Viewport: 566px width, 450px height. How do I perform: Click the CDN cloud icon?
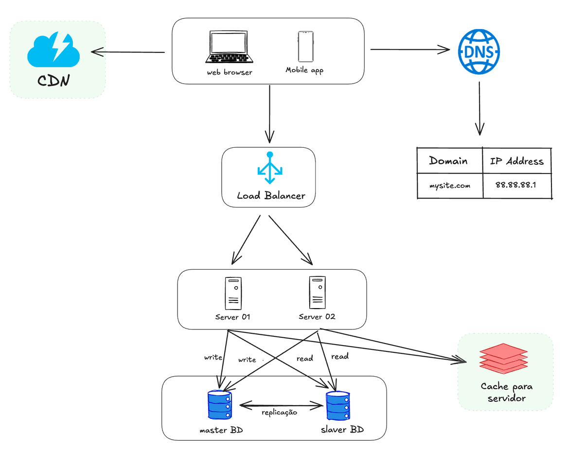[54, 50]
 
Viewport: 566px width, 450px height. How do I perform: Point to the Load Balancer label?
[271, 196]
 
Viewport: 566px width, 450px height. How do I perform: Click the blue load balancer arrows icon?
[270, 167]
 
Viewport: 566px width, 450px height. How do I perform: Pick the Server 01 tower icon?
[233, 293]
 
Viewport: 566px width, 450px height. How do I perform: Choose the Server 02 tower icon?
[317, 293]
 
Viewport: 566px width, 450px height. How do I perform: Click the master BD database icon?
[220, 405]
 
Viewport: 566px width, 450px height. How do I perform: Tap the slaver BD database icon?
[338, 406]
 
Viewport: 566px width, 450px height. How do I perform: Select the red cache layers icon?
[503, 359]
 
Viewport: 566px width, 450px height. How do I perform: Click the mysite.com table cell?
[450, 186]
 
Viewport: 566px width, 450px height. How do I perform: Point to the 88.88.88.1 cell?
[515, 185]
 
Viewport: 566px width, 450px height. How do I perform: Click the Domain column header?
[448, 161]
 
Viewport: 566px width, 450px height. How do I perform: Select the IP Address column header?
[516, 161]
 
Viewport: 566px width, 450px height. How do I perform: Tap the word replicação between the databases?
[279, 412]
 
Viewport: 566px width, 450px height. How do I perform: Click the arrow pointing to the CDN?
[127, 52]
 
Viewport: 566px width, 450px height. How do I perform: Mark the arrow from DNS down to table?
[479, 108]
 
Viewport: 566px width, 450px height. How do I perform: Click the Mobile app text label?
[304, 70]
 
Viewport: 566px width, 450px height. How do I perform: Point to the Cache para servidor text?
[506, 392]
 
